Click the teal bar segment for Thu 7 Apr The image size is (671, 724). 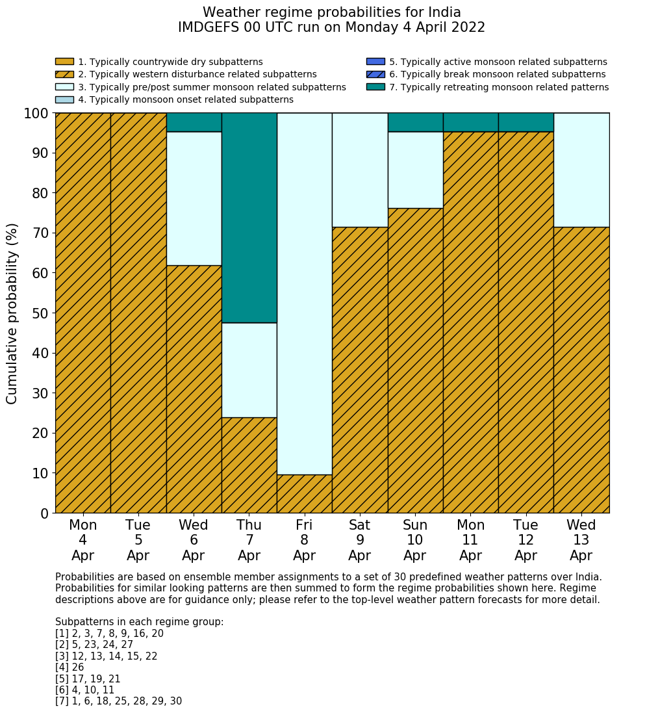coord(249,218)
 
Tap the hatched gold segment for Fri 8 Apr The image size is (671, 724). coord(304,494)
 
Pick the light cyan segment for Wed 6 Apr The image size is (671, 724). coord(194,198)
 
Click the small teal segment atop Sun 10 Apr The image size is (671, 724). coord(415,122)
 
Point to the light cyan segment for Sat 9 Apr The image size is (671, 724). coord(360,170)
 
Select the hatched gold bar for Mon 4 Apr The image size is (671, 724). coord(82,313)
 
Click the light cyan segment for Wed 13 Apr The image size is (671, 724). coord(581,170)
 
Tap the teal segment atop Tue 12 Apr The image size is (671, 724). coord(525,122)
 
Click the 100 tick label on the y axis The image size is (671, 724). coord(36,114)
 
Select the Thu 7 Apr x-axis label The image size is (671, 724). coord(249,541)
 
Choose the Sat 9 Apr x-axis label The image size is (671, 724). coord(360,541)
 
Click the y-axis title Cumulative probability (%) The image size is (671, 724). coord(12,313)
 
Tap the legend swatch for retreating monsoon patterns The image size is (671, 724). coord(375,87)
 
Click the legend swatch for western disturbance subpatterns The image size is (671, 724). coord(64,75)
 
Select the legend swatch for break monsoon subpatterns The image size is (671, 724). coord(375,75)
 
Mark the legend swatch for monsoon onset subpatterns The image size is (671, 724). coord(64,99)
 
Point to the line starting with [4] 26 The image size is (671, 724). coord(70,667)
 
